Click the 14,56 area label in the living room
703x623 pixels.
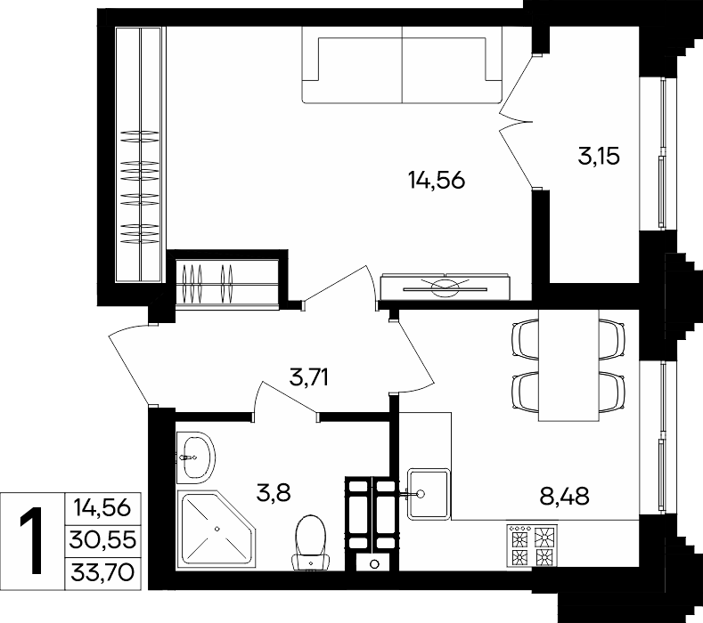[437, 181]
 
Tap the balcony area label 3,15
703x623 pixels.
[599, 157]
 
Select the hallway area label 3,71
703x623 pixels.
[309, 376]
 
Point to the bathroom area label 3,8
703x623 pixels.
[274, 493]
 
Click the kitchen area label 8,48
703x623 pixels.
[565, 497]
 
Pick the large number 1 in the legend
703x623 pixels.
[31, 540]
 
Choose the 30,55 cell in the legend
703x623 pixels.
[102, 540]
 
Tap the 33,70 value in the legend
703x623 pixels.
[102, 572]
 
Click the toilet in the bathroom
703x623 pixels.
[310, 543]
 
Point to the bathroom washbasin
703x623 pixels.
[196, 457]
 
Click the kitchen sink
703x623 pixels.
[429, 494]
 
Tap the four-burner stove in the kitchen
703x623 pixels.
[532, 545]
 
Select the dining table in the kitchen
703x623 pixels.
[568, 366]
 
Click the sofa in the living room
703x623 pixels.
[402, 65]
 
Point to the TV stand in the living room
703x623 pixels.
[445, 287]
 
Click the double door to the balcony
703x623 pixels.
[517, 121]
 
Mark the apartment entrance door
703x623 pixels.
[129, 364]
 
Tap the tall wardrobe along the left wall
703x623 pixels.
[138, 155]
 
